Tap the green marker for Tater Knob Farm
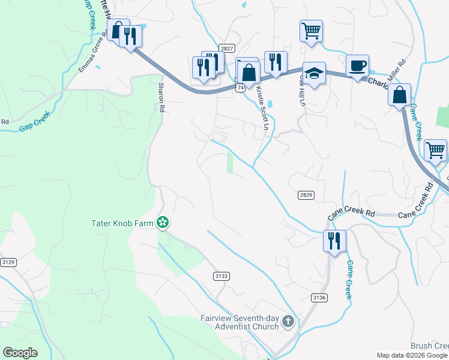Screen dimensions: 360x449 coord(162,223)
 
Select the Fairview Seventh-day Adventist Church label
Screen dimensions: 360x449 coord(240,322)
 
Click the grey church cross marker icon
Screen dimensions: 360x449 coord(288,322)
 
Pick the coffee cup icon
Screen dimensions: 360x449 coord(357,65)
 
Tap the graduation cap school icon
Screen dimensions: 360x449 coord(314,73)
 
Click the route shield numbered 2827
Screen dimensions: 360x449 coord(226,49)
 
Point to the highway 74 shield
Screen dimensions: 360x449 coord(240,88)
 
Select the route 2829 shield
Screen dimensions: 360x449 coord(306,196)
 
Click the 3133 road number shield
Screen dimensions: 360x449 coord(221,275)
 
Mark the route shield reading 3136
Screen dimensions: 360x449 coord(319,298)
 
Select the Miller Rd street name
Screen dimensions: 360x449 coord(397,70)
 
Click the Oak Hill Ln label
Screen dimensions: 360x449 coord(302,92)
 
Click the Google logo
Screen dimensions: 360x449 coord(20,353)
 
